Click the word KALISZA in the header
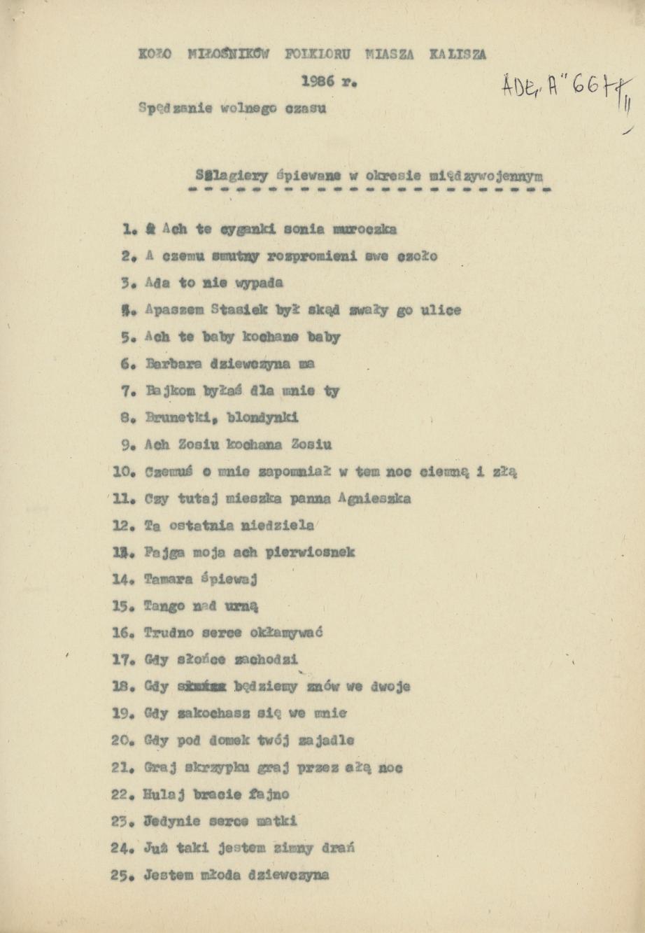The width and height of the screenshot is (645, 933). click(458, 54)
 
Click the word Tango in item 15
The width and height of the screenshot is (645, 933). click(162, 606)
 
